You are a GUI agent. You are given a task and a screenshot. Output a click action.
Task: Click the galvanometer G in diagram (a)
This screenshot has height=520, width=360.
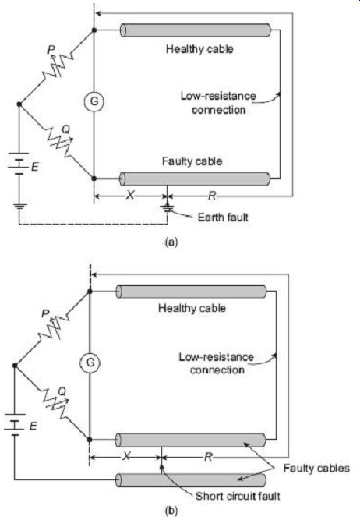pyautogui.click(x=94, y=101)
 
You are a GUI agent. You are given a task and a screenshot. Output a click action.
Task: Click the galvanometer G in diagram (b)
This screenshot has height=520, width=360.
pyautogui.click(x=90, y=363)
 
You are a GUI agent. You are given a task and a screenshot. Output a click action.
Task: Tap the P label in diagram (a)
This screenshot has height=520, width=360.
pyautogui.click(x=51, y=50)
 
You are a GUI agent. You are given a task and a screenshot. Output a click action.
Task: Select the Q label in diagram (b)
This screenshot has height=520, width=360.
pyautogui.click(x=62, y=391)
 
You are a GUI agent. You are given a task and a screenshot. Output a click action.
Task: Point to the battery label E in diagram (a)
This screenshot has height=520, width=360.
pyautogui.click(x=34, y=167)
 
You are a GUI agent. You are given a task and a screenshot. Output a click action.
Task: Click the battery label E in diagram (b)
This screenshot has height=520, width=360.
pyautogui.click(x=34, y=426)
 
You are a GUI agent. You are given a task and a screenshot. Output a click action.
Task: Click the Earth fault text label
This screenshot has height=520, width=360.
pyautogui.click(x=223, y=218)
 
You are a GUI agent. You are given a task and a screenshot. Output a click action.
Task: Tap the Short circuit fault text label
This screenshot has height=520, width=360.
pyautogui.click(x=238, y=496)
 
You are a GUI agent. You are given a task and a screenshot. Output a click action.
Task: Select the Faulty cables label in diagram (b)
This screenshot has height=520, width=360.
pyautogui.click(x=316, y=468)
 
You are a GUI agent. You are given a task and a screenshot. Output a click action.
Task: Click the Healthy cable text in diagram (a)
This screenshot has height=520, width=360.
pyautogui.click(x=199, y=49)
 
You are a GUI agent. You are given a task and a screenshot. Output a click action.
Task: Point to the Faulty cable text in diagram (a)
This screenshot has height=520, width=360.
pyautogui.click(x=192, y=161)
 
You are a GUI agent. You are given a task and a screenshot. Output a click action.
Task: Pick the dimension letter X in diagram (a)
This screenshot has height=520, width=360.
pyautogui.click(x=130, y=196)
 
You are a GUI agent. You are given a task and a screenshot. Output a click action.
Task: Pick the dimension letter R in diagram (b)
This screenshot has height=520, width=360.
pyautogui.click(x=208, y=457)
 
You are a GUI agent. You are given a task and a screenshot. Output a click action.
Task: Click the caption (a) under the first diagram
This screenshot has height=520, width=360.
pyautogui.click(x=171, y=242)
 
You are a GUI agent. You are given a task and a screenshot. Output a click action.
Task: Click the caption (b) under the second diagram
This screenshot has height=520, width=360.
pyautogui.click(x=171, y=511)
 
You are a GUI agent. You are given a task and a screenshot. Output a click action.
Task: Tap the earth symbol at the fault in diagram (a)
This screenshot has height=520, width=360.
pyautogui.click(x=167, y=208)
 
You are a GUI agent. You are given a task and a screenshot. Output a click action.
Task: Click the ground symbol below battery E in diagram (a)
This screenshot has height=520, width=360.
pyautogui.click(x=19, y=207)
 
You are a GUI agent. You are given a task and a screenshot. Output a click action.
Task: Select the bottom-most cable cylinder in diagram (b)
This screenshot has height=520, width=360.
pyautogui.click(x=191, y=480)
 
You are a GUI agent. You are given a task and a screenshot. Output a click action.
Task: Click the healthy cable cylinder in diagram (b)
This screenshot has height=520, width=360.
pyautogui.click(x=191, y=292)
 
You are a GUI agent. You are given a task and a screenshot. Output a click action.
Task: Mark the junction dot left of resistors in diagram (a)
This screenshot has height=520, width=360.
pyautogui.click(x=19, y=104)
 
